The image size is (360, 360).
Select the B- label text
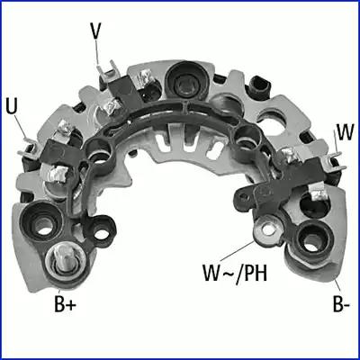click(x=339, y=303)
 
